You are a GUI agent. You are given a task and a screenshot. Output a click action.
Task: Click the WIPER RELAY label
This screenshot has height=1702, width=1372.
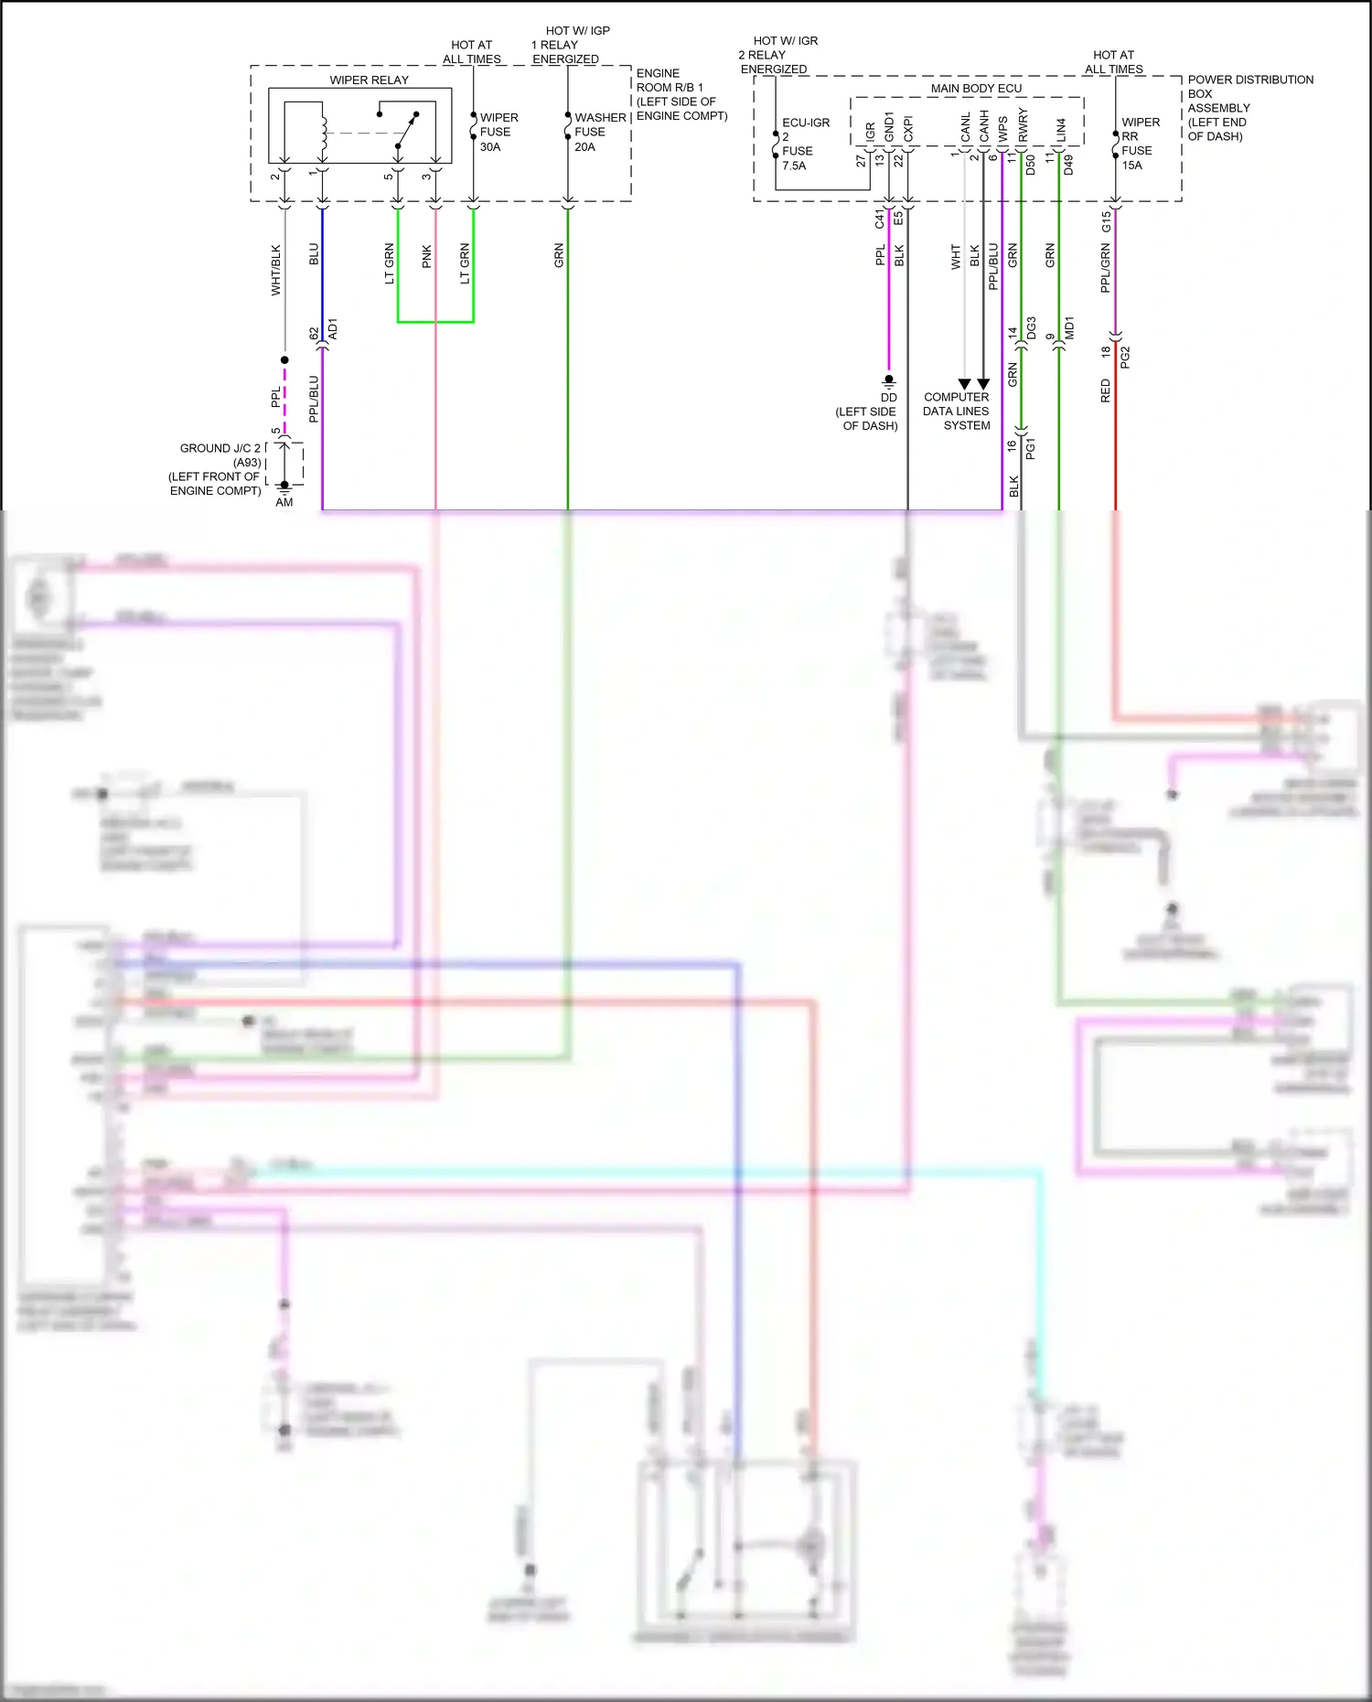coord(369,80)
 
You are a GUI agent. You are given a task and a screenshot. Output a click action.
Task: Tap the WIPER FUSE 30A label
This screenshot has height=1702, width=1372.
coord(498,132)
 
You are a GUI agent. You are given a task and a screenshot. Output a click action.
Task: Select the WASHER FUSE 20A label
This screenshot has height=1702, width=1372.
coord(599,132)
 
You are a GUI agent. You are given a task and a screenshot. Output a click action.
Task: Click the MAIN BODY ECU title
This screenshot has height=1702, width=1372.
coord(976,89)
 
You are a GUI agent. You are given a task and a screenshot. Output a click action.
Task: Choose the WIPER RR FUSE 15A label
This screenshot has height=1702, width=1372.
coord(1139,144)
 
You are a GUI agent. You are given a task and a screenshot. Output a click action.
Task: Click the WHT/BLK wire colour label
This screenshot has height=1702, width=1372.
coord(276,270)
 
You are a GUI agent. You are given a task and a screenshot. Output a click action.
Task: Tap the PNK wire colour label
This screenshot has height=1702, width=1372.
coord(427,257)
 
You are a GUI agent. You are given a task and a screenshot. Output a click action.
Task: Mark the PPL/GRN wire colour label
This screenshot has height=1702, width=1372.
coord(1106,268)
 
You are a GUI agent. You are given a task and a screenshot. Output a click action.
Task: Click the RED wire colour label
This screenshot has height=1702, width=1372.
coord(1106,391)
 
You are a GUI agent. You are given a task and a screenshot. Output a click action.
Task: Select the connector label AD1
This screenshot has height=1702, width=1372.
coord(333,329)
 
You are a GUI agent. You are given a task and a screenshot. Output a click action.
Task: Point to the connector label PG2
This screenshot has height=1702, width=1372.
coord(1125,358)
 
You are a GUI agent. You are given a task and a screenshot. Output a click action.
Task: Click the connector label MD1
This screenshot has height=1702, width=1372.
coord(1069,329)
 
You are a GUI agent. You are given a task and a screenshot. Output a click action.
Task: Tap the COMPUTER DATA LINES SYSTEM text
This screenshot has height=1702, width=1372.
coord(957,412)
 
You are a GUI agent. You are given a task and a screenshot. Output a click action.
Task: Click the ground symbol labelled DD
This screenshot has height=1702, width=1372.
coord(889,381)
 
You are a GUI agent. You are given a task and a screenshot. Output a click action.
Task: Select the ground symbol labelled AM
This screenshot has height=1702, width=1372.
coord(284,487)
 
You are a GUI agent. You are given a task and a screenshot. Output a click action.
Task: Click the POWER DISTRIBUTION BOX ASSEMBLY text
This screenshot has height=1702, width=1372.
coord(1249,108)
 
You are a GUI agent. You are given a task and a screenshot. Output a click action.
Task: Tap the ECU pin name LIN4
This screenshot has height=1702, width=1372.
coord(1061,130)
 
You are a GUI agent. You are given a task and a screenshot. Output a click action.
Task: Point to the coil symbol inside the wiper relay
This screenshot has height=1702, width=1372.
coord(322,134)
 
